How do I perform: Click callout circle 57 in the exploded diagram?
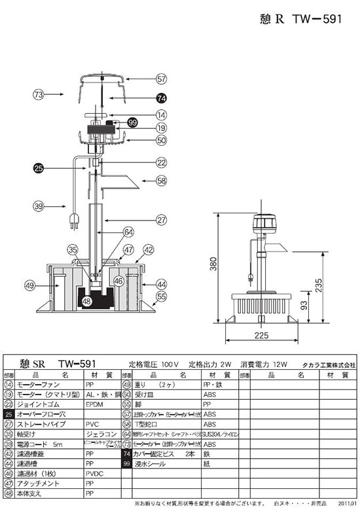coord(162,79)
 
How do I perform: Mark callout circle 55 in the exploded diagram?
coord(162,296)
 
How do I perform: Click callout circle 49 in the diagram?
coord(29,285)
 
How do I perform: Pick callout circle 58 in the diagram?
coord(162,181)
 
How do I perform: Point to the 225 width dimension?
coord(261,336)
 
